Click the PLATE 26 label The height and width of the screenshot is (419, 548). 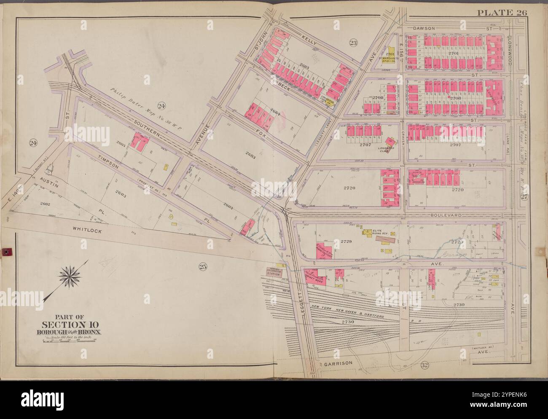point(502,12)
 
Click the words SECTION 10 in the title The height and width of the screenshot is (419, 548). point(70,324)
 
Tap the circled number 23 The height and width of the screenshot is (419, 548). point(353,42)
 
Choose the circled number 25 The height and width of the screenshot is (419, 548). point(203,266)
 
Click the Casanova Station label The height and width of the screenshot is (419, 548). point(273,272)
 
